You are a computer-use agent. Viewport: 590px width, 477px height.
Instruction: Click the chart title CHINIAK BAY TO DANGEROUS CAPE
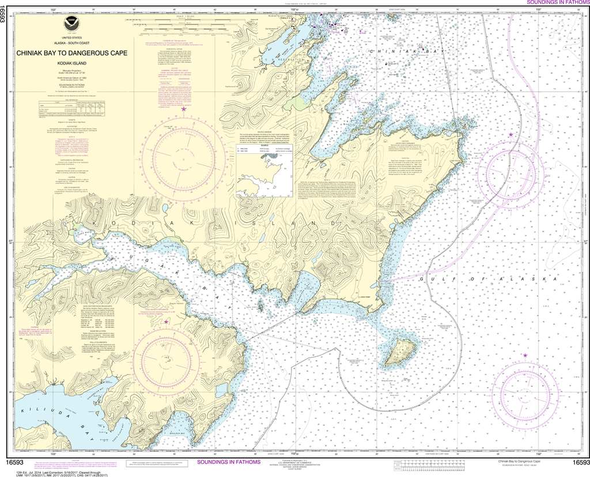pos(72,52)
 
